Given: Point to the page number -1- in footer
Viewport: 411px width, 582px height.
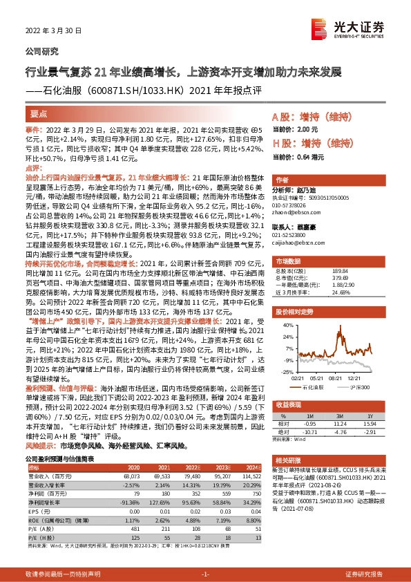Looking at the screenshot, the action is (x=204, y=574).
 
